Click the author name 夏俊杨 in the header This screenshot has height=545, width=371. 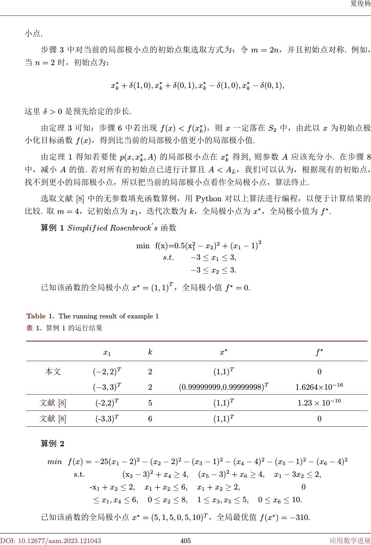(x=360, y=4)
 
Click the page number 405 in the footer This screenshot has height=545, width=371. (x=185, y=541)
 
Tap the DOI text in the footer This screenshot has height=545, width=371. (x=51, y=541)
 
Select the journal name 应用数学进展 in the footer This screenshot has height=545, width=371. (x=350, y=541)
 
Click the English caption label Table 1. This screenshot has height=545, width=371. (x=40, y=316)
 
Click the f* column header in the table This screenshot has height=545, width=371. (x=319, y=352)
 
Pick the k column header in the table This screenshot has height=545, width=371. (x=150, y=352)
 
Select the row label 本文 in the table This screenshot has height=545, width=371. (x=53, y=372)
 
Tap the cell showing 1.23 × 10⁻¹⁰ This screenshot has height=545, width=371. (x=319, y=403)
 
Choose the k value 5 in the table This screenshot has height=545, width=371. (x=150, y=403)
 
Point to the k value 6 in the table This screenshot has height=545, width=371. (x=150, y=419)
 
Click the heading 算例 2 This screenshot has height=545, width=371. (x=53, y=444)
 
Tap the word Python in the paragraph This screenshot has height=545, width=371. (x=209, y=199)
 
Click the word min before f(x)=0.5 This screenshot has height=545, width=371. (x=143, y=246)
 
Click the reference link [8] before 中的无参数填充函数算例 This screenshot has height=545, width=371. (x=80, y=199)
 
